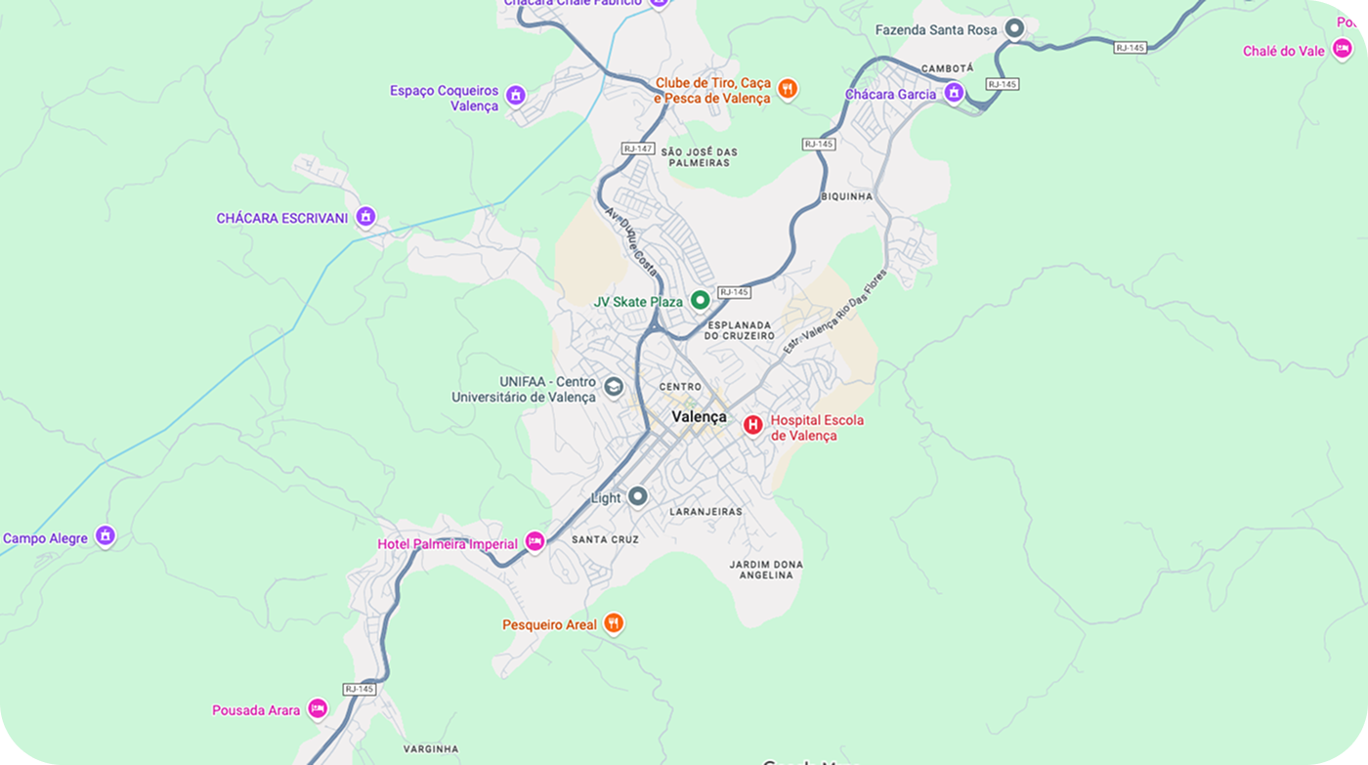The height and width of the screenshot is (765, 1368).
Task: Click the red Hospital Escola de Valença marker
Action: [753, 424]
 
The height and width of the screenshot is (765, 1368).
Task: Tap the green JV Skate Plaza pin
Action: [700, 300]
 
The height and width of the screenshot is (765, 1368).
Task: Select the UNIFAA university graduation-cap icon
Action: [614, 386]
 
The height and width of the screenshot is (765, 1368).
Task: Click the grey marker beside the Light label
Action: [638, 496]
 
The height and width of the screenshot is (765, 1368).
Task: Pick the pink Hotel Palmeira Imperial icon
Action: [534, 541]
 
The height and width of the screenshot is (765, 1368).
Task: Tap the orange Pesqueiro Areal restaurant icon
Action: [614, 622]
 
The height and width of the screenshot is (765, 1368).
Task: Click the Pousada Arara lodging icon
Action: [318, 708]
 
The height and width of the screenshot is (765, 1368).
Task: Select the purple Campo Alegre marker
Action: [106, 536]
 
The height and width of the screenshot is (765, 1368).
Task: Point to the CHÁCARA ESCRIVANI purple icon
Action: [365, 216]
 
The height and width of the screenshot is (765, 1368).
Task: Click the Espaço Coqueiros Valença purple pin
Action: [516, 96]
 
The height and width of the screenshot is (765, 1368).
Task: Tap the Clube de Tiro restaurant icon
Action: [789, 90]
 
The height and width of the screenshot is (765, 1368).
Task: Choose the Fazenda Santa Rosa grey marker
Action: [1015, 29]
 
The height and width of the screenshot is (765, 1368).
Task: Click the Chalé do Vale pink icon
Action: [1343, 49]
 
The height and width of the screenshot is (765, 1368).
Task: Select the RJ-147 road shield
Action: [637, 149]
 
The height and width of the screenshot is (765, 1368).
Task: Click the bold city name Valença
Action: [699, 417]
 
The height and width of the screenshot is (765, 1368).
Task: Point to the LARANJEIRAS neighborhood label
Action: [705, 511]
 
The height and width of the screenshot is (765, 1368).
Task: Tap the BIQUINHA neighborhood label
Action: [847, 196]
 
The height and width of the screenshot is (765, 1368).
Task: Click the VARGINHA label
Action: [430, 749]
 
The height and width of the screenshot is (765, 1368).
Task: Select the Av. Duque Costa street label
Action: [631, 239]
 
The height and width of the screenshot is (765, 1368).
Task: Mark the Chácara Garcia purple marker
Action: [954, 93]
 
